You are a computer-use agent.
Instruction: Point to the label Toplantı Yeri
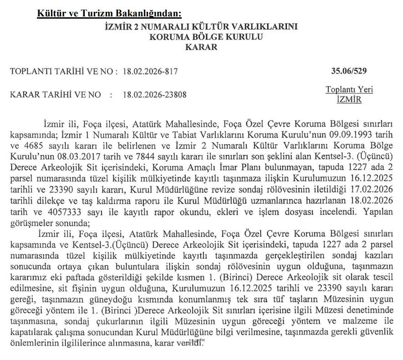point(349,90)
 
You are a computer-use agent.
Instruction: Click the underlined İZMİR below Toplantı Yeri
point(349,99)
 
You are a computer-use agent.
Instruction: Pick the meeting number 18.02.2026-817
point(150,71)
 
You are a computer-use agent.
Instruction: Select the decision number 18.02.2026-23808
point(154,95)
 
